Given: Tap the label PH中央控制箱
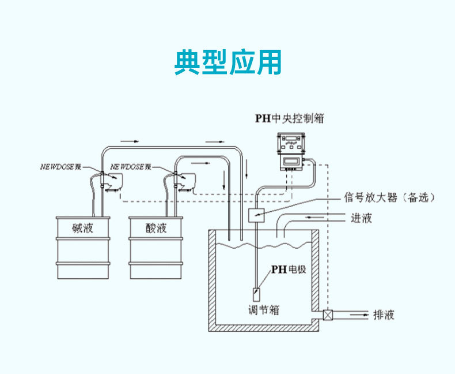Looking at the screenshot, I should (290, 119).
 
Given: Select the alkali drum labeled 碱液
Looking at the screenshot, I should (82, 248).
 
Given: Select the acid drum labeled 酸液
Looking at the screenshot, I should (156, 248).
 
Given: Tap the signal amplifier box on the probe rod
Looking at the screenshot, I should (256, 215).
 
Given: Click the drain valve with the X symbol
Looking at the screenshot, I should (328, 315).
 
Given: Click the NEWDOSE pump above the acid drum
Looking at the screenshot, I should (184, 181).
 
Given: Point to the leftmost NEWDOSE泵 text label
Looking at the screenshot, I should (60, 167).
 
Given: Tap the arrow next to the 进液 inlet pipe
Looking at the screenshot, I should (314, 217).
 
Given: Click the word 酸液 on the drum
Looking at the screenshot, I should (156, 228).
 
